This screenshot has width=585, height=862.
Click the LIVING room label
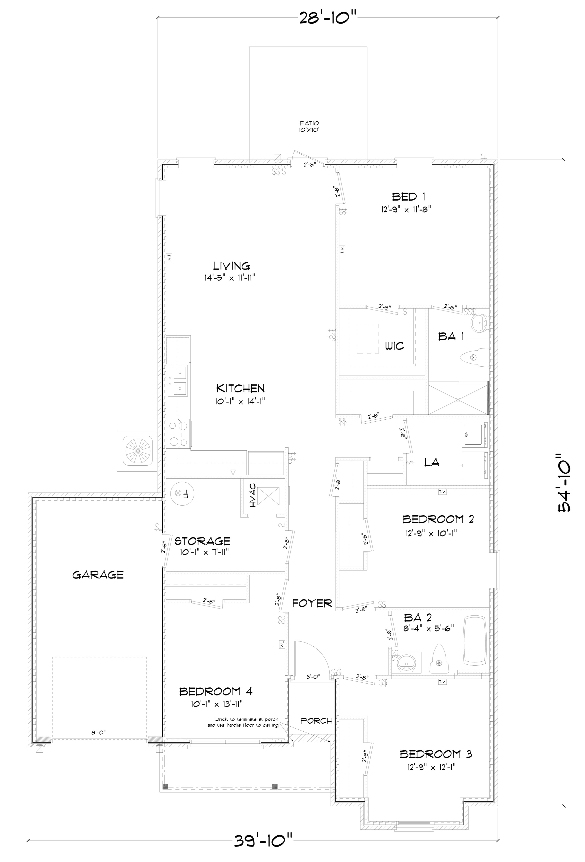(231, 266)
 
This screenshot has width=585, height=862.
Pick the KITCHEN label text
(240, 388)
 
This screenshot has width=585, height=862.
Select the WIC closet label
(394, 346)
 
